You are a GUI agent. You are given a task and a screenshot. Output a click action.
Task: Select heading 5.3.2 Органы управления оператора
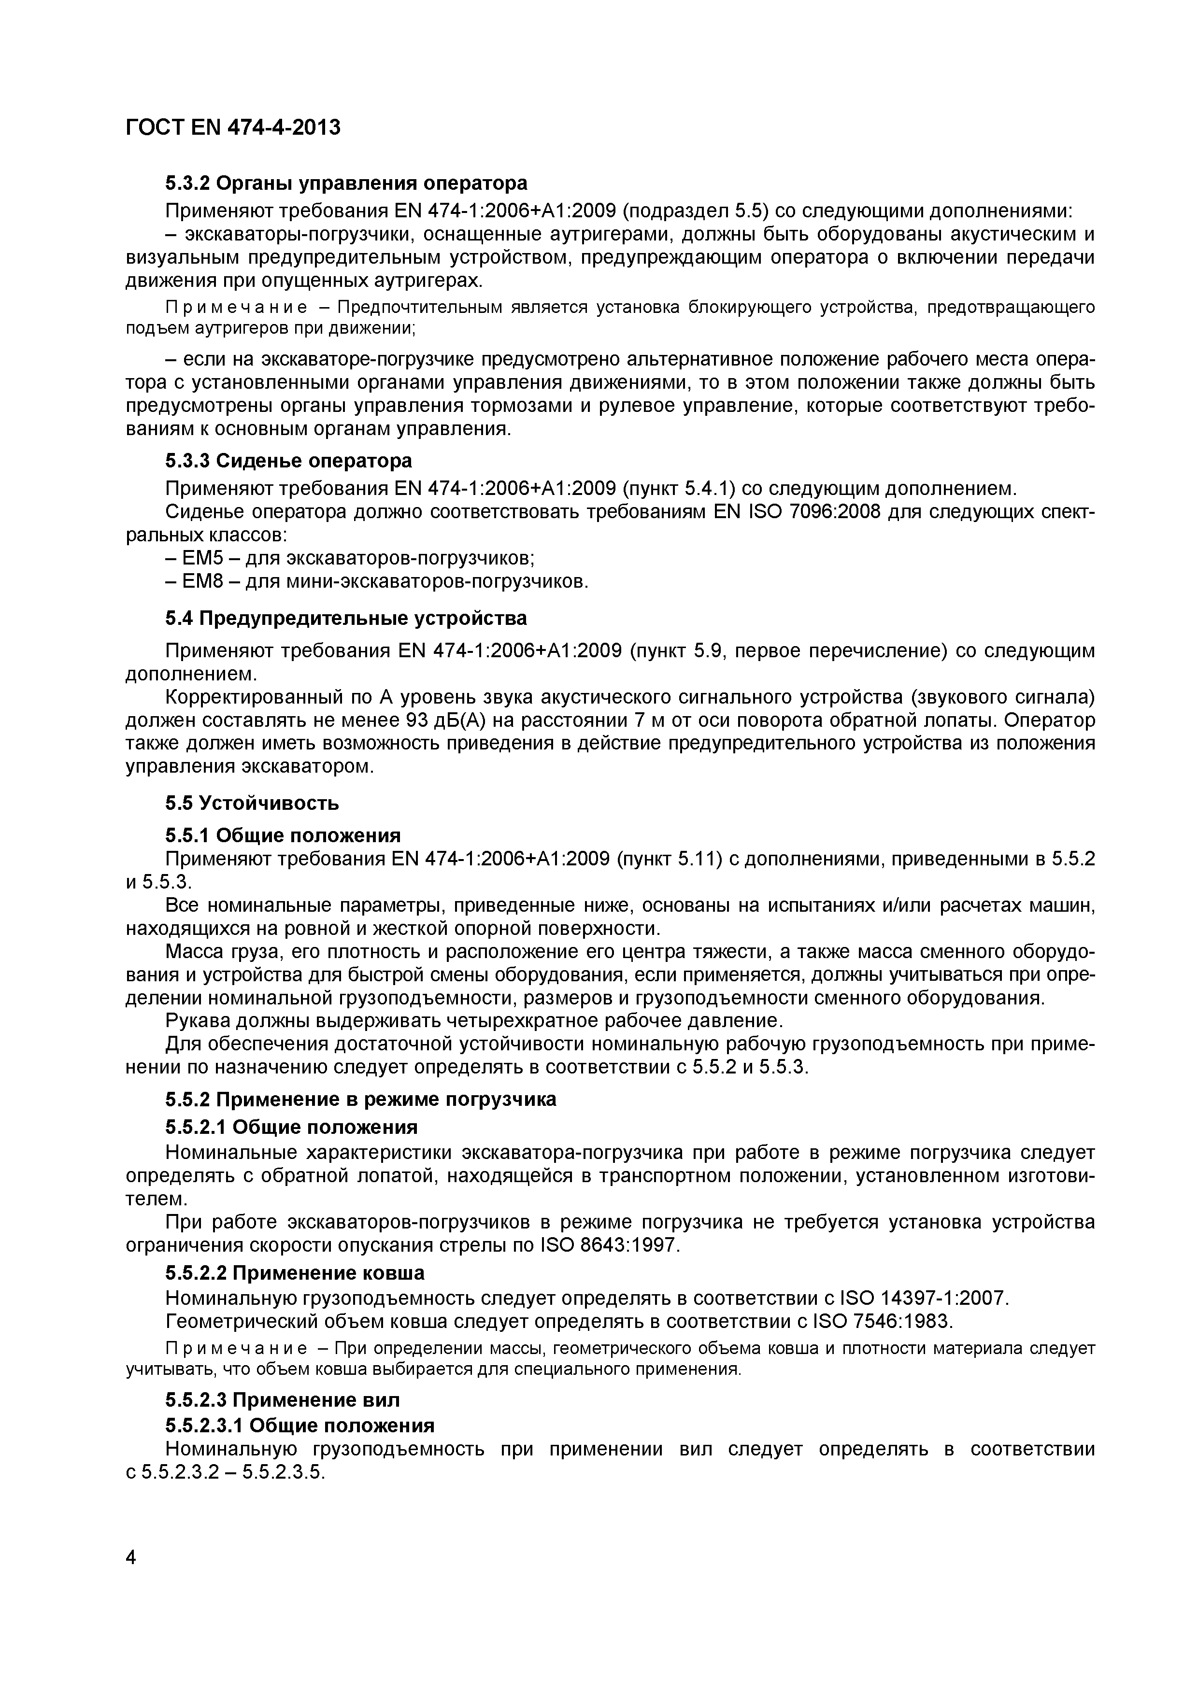coord(345,183)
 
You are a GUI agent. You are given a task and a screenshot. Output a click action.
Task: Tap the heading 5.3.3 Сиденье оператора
coord(288,461)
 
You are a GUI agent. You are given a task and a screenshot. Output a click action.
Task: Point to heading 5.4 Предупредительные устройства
coord(345,618)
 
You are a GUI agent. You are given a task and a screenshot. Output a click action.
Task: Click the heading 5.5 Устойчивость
coord(252,803)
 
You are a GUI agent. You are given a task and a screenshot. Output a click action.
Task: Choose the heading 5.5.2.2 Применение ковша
coord(295,1273)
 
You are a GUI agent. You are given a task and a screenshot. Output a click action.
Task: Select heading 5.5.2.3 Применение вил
coord(282,1400)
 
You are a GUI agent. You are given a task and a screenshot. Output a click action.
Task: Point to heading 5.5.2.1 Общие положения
coord(291,1128)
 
